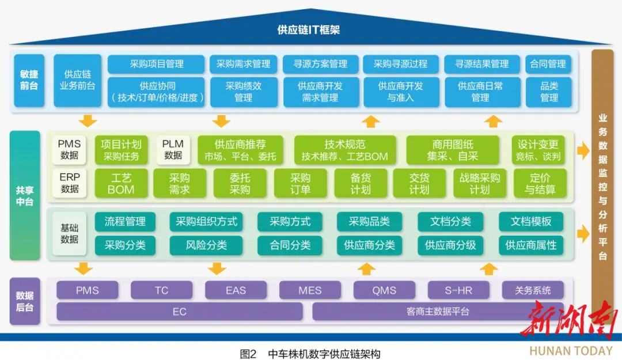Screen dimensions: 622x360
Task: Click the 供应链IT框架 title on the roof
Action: click(309, 30)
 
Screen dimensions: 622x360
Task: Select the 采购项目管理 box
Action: click(156, 64)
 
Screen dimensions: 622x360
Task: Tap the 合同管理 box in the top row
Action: click(548, 64)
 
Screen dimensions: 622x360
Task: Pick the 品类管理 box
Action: click(549, 92)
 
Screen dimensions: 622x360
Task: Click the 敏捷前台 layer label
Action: click(29, 80)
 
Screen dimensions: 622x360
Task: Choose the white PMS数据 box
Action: click(70, 150)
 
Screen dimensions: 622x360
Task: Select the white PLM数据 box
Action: click(173, 150)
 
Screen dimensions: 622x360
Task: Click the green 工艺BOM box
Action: click(121, 183)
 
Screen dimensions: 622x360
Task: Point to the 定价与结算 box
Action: click(540, 183)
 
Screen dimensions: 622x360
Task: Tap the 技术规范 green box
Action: click(345, 150)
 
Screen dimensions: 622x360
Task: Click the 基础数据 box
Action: click(70, 233)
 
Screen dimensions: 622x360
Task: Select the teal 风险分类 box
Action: click(206, 245)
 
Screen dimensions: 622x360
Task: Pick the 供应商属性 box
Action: click(531, 245)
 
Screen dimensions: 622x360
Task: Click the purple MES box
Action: click(310, 290)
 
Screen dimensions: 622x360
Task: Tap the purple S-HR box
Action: click(458, 290)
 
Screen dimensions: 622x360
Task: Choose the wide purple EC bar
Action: click(179, 312)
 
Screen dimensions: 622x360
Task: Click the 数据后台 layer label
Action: click(25, 301)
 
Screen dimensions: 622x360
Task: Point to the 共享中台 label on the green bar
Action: click(25, 196)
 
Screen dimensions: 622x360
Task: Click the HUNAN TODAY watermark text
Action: click(571, 351)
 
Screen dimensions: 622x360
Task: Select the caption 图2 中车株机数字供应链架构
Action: click(310, 354)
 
